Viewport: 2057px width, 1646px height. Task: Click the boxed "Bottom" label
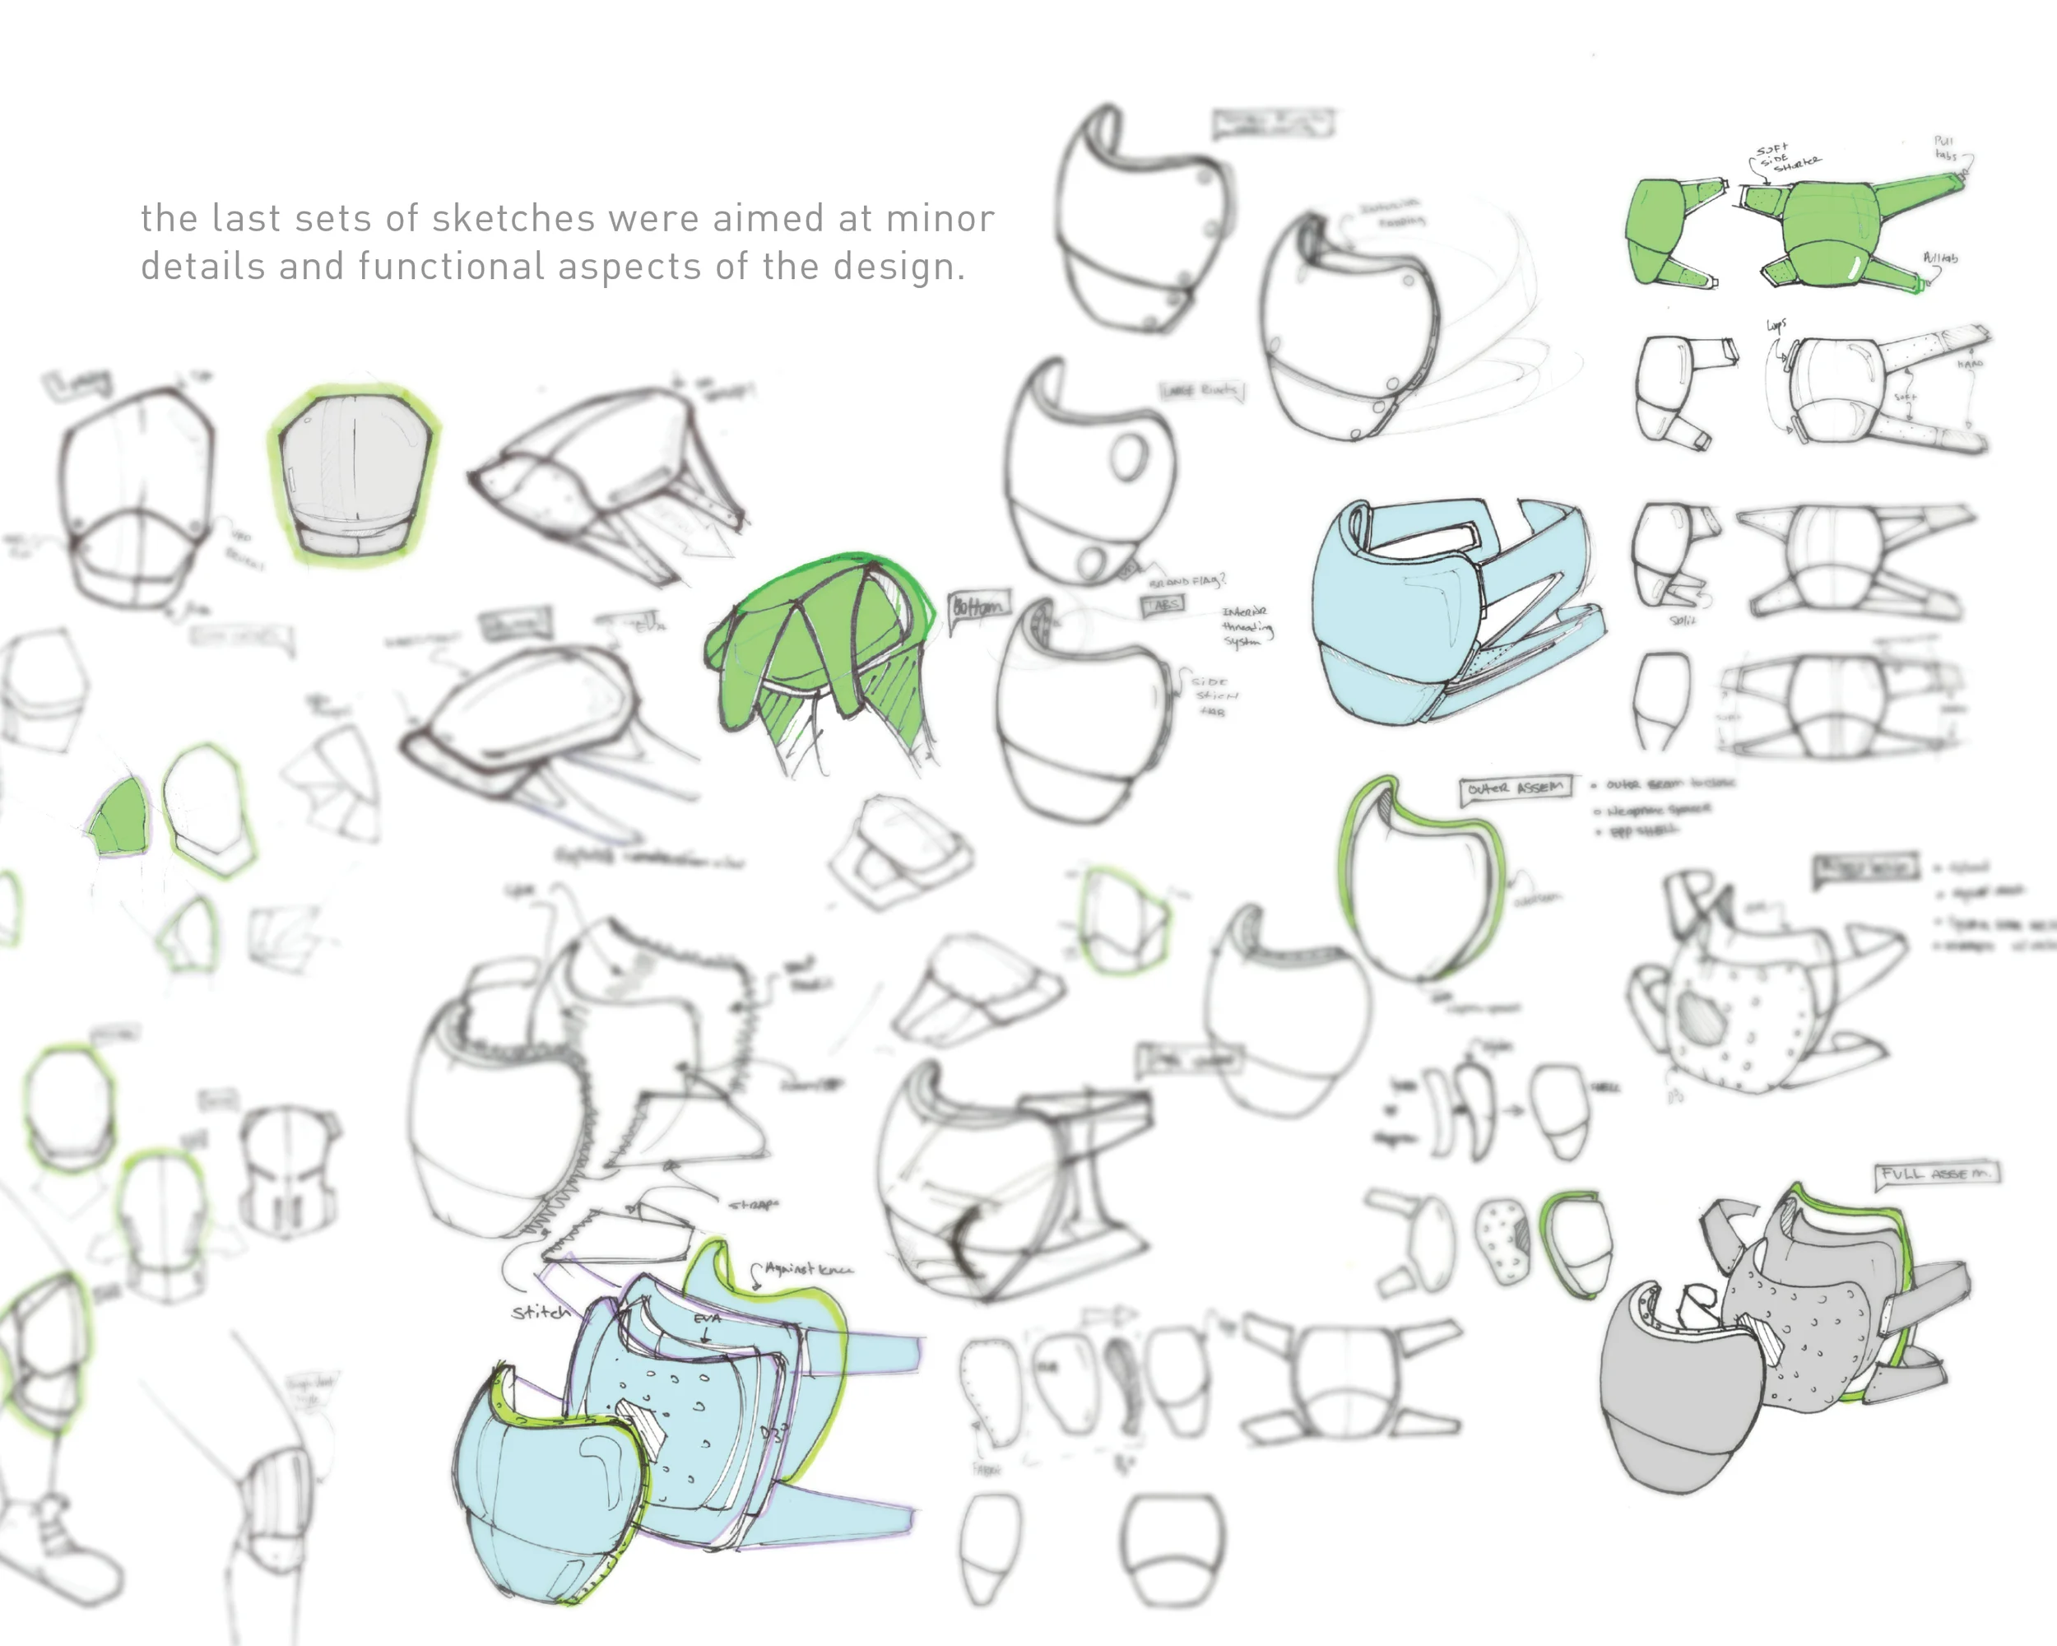pyautogui.click(x=978, y=607)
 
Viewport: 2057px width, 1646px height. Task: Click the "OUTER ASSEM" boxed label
pyautogui.click(x=1515, y=788)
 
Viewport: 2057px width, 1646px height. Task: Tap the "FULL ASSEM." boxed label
pyautogui.click(x=1937, y=1174)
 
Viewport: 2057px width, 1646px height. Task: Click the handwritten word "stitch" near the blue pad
pyautogui.click(x=541, y=1313)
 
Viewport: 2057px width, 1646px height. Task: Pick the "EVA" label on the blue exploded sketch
pyautogui.click(x=706, y=1318)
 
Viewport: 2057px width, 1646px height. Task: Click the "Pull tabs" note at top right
pyautogui.click(x=1945, y=148)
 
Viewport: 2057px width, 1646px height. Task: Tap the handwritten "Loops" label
pyautogui.click(x=1776, y=325)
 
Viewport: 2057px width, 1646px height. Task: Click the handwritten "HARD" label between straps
pyautogui.click(x=1969, y=365)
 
